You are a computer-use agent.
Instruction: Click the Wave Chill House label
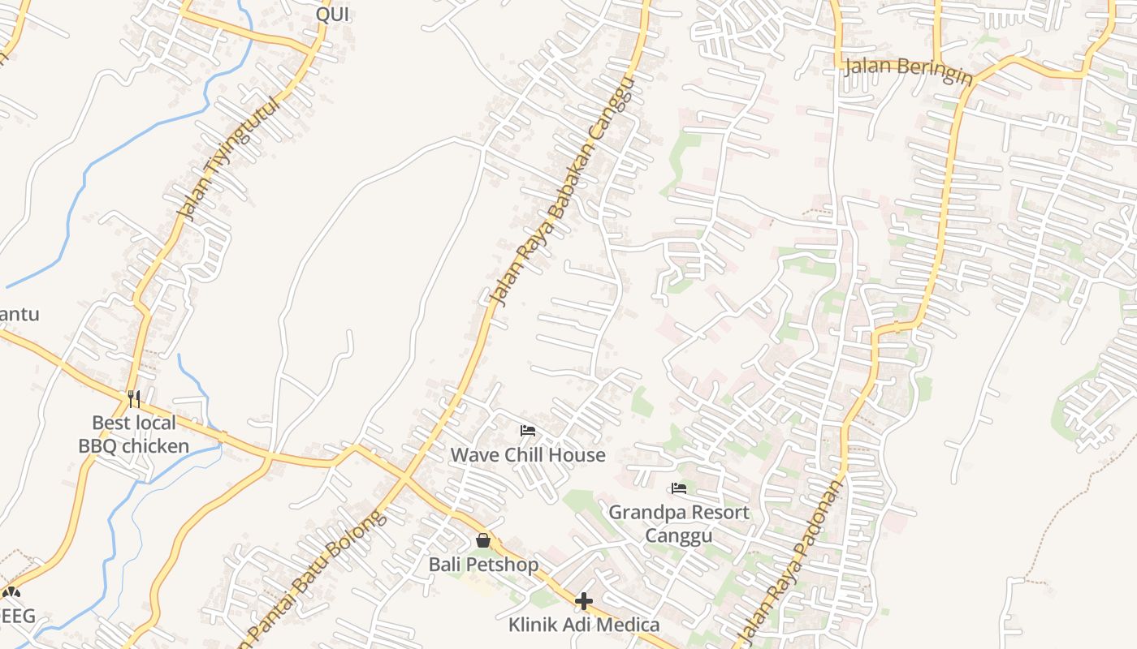pyautogui.click(x=528, y=455)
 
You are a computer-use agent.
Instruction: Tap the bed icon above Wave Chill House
pyautogui.click(x=528, y=430)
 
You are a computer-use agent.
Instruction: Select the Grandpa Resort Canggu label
pyautogui.click(x=679, y=523)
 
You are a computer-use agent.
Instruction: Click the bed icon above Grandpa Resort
pyautogui.click(x=679, y=488)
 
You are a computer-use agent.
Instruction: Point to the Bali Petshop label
pyautogui.click(x=483, y=564)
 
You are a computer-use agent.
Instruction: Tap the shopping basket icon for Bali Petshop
pyautogui.click(x=483, y=540)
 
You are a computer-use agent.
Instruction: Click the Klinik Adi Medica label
pyautogui.click(x=584, y=625)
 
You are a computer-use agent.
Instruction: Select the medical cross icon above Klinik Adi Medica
pyautogui.click(x=584, y=601)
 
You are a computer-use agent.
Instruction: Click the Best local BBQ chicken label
pyautogui.click(x=134, y=434)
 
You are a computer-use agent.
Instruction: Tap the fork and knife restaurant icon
pyautogui.click(x=134, y=398)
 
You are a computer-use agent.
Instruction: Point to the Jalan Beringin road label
pyautogui.click(x=908, y=71)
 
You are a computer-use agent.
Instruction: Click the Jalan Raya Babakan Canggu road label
pyautogui.click(x=560, y=195)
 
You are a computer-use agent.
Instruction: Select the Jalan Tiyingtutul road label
pyautogui.click(x=228, y=159)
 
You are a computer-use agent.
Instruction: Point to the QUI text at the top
pyautogui.click(x=332, y=15)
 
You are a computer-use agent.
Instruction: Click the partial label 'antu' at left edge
pyautogui.click(x=19, y=314)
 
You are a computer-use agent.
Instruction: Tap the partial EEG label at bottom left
pyautogui.click(x=18, y=616)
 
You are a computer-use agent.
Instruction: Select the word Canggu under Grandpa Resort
pyautogui.click(x=679, y=535)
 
